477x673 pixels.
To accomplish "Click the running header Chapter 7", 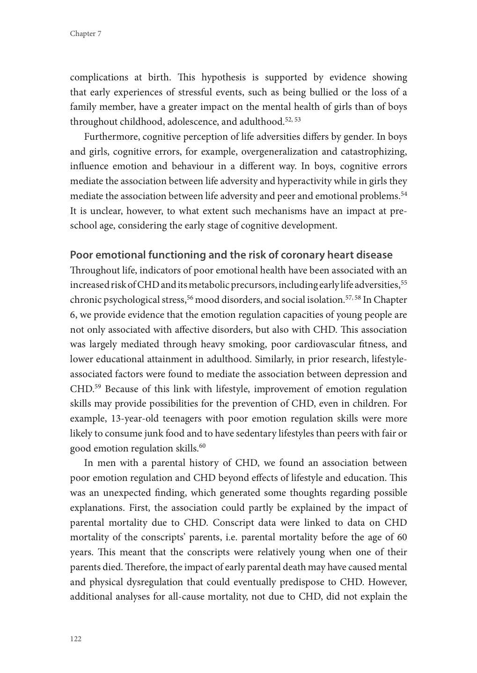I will pyautogui.click(x=86, y=34).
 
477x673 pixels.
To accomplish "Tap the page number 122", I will pyautogui.click(x=76, y=639).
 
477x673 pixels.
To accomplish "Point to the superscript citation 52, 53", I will pyautogui.click(x=293, y=120).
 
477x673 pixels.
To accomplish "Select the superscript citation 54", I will pyautogui.click(x=404, y=193).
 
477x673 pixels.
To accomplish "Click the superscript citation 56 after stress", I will pyautogui.click(x=190, y=297).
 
